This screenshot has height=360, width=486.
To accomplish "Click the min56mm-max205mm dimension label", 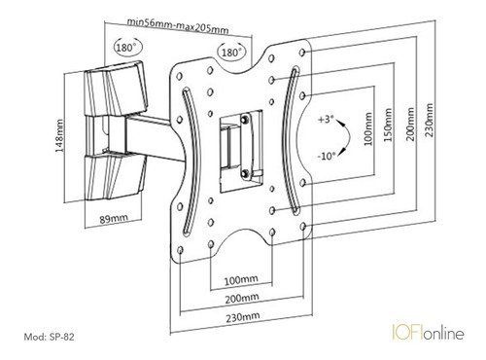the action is pos(177,26).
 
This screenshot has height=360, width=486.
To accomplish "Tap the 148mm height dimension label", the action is pos(59,136).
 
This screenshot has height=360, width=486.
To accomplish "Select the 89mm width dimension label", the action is pos(114,219).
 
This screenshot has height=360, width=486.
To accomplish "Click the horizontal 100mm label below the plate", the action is pos(241,279).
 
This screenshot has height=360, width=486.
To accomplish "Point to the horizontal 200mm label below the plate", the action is pos(242,298).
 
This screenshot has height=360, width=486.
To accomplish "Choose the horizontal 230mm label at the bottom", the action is pos(243,316).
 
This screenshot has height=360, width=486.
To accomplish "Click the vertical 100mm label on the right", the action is pos(368,129).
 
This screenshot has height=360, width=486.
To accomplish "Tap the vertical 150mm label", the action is pos(388,125).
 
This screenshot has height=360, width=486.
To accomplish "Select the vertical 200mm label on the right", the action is pos(410,124).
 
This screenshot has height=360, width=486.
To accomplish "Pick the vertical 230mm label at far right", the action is pos(430,120).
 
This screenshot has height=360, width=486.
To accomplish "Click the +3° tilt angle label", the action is pos(326,120).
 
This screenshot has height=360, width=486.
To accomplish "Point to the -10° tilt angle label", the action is pos(326,156).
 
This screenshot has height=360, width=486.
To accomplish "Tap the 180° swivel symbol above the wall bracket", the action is pos(127,48).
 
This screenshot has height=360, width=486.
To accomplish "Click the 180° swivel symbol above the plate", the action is pos(231,52).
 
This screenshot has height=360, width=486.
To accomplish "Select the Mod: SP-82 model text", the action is pos(49,337).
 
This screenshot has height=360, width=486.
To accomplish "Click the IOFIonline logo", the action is pos(428,333).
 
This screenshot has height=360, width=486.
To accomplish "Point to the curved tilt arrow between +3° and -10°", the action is pos(348,137).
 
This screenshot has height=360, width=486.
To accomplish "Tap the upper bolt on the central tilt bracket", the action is pos(245,119).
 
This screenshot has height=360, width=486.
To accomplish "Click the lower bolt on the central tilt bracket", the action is pos(246,172).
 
